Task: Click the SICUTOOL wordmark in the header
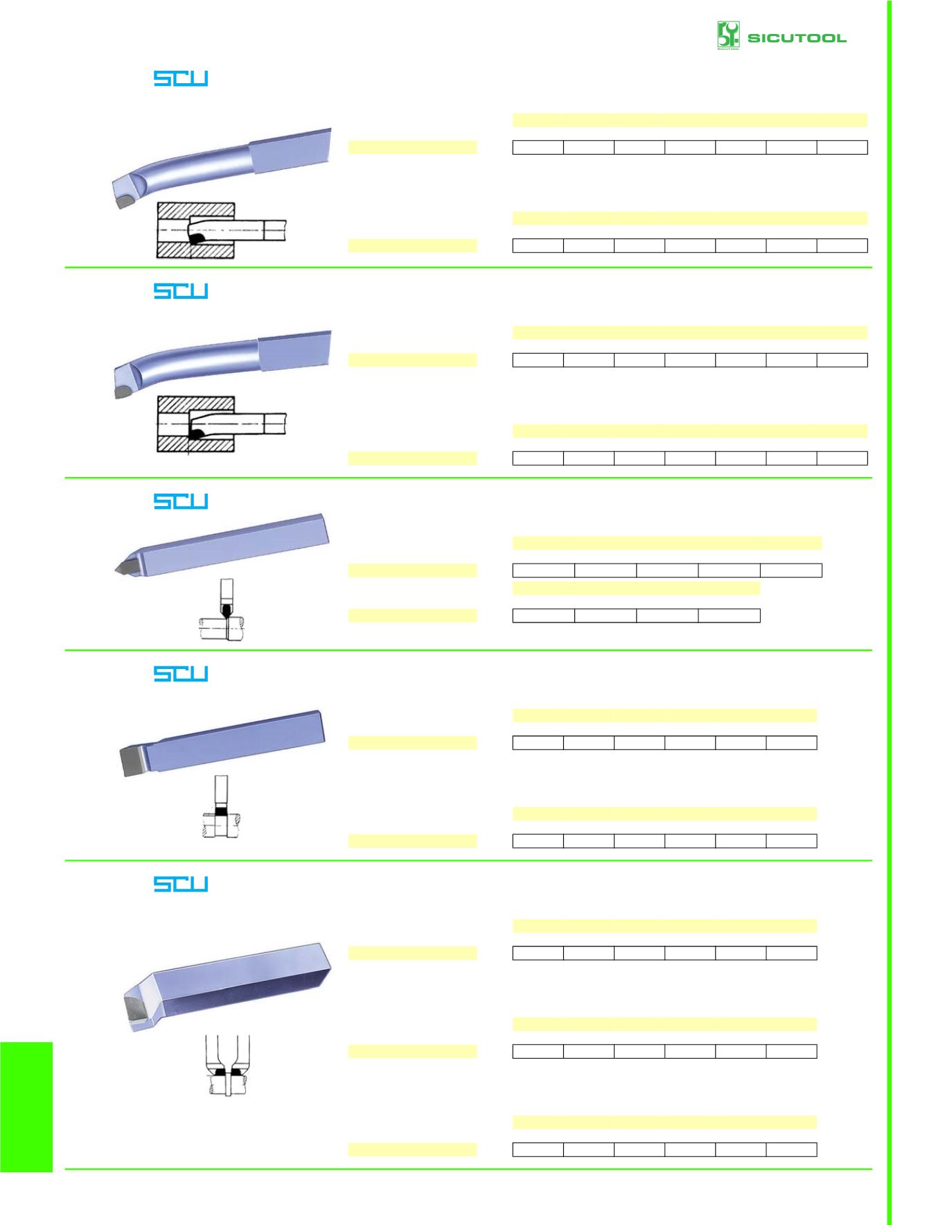(x=797, y=38)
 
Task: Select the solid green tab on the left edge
(x=26, y=1106)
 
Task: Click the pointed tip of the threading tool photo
(x=116, y=571)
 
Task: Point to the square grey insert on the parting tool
(x=134, y=761)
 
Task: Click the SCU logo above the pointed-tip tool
(x=181, y=501)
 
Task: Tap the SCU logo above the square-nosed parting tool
(x=181, y=674)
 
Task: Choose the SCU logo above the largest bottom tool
(x=181, y=884)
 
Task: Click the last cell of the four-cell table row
(x=729, y=616)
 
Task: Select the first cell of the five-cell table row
(x=544, y=571)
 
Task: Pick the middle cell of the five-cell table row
(x=667, y=571)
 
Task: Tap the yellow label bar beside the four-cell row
(x=412, y=616)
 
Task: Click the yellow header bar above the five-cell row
(x=667, y=543)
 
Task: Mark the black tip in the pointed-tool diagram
(x=225, y=611)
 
